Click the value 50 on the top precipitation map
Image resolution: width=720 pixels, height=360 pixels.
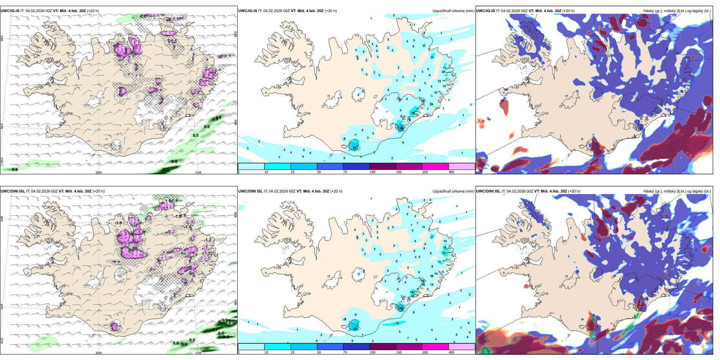tap(355, 148)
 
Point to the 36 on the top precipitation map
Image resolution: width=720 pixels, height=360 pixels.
tap(413, 113)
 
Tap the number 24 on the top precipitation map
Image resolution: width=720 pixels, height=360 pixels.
tap(444, 72)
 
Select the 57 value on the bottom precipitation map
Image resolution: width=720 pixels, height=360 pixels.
tap(401, 308)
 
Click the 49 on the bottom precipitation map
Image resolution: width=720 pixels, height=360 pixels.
tap(355, 329)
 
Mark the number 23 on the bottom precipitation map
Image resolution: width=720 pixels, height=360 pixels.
tap(444, 253)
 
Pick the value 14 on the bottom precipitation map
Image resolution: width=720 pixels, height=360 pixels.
tap(436, 273)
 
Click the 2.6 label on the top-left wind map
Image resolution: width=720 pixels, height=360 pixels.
tap(127, 50)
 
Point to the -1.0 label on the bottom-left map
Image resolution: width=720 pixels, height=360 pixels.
tap(118, 223)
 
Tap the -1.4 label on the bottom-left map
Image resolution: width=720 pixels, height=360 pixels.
tap(188, 227)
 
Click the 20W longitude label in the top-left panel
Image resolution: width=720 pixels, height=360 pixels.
tap(99, 172)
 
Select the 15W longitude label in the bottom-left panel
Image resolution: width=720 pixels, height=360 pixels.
tap(198, 353)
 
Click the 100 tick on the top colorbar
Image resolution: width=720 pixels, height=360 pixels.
tap(373, 172)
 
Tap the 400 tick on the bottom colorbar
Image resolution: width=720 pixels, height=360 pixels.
tap(451, 352)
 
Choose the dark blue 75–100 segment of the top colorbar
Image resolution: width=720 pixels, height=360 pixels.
tap(356, 166)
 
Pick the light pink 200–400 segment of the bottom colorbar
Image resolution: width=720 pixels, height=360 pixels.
tap(462, 347)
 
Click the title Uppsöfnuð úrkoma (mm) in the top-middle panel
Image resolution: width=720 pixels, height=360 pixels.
tap(453, 11)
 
